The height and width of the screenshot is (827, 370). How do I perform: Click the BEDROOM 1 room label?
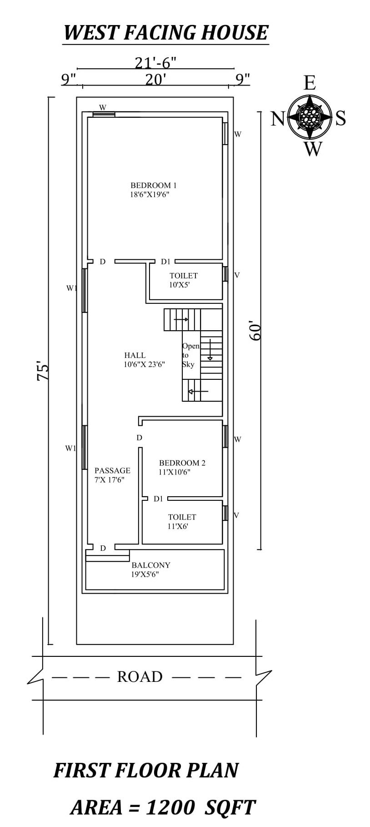click(153, 185)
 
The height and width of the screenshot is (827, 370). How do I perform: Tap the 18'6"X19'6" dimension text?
click(150, 195)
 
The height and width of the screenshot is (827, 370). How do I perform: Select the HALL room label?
click(135, 355)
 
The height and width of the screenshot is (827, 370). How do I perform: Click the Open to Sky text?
click(190, 355)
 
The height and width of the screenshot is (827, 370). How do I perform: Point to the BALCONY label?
click(151, 565)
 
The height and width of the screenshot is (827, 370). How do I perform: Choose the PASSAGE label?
click(112, 470)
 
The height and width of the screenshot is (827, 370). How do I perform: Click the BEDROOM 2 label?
click(182, 463)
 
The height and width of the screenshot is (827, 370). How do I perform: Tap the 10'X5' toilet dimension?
click(179, 285)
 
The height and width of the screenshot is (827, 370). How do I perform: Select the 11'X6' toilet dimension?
click(178, 526)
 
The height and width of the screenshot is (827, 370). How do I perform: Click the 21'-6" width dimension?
click(155, 62)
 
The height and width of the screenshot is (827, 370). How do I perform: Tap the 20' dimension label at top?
click(155, 80)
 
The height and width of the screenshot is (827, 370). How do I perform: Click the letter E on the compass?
click(310, 83)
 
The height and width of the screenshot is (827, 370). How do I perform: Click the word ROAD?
click(140, 677)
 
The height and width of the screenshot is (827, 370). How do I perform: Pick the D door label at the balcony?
click(103, 548)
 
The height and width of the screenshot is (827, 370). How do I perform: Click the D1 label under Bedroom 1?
click(165, 262)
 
